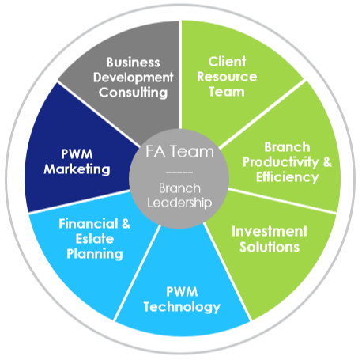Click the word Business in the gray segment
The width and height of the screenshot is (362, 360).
(x=133, y=63)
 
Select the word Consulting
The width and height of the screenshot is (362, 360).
(x=133, y=93)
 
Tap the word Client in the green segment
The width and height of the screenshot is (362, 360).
(x=227, y=62)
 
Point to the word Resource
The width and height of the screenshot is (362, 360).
(x=227, y=77)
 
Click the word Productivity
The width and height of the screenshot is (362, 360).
(x=281, y=162)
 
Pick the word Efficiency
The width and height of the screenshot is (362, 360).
(x=288, y=177)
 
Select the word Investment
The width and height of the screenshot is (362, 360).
(x=270, y=231)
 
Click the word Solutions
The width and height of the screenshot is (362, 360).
(x=270, y=247)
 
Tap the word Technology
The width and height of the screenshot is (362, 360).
(x=182, y=307)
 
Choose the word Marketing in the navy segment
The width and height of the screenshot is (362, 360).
(x=77, y=169)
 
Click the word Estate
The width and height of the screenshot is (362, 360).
(x=95, y=239)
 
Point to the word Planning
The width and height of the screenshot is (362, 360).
(x=95, y=254)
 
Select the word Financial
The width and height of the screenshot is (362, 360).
(x=89, y=224)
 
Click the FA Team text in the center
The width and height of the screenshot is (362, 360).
(x=180, y=152)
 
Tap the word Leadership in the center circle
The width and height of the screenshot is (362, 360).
(x=179, y=203)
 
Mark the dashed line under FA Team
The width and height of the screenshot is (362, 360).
(x=179, y=172)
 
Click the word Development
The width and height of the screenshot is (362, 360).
(x=133, y=78)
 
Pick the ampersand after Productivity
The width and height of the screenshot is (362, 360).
(x=327, y=161)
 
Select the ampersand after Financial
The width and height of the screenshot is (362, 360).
(x=126, y=224)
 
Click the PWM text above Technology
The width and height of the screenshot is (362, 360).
(x=182, y=292)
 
